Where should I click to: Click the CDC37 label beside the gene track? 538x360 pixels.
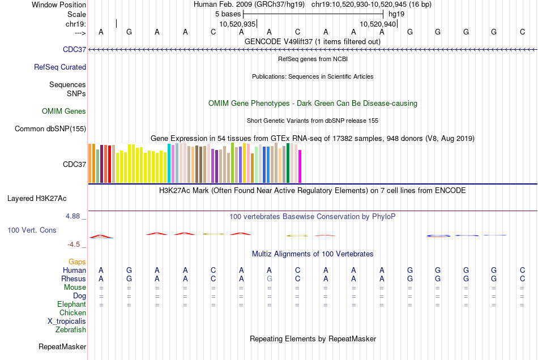pos(75,50)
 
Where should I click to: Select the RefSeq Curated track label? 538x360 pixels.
pos(60,67)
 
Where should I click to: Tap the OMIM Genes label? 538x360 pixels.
pos(64,112)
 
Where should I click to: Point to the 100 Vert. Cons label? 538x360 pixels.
pos(32,230)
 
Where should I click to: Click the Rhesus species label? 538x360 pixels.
pos(74,279)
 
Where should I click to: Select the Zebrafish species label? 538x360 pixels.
pos(71,329)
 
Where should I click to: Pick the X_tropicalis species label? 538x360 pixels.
pos(67,321)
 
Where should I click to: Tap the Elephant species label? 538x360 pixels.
pos(72,305)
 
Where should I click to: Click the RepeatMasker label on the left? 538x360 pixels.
pos(62,346)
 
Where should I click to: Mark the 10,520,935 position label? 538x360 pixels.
pos(237,24)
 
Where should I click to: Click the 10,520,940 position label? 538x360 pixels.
pos(378,24)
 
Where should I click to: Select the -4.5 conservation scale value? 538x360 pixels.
pos(76,245)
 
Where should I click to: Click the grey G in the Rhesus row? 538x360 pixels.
pos(270,279)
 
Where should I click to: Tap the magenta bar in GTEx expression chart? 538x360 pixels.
pos(300,166)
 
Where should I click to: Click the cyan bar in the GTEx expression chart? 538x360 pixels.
pos(169,164)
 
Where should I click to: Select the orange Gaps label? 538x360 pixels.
pos(77,262)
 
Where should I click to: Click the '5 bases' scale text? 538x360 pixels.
pos(227,13)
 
